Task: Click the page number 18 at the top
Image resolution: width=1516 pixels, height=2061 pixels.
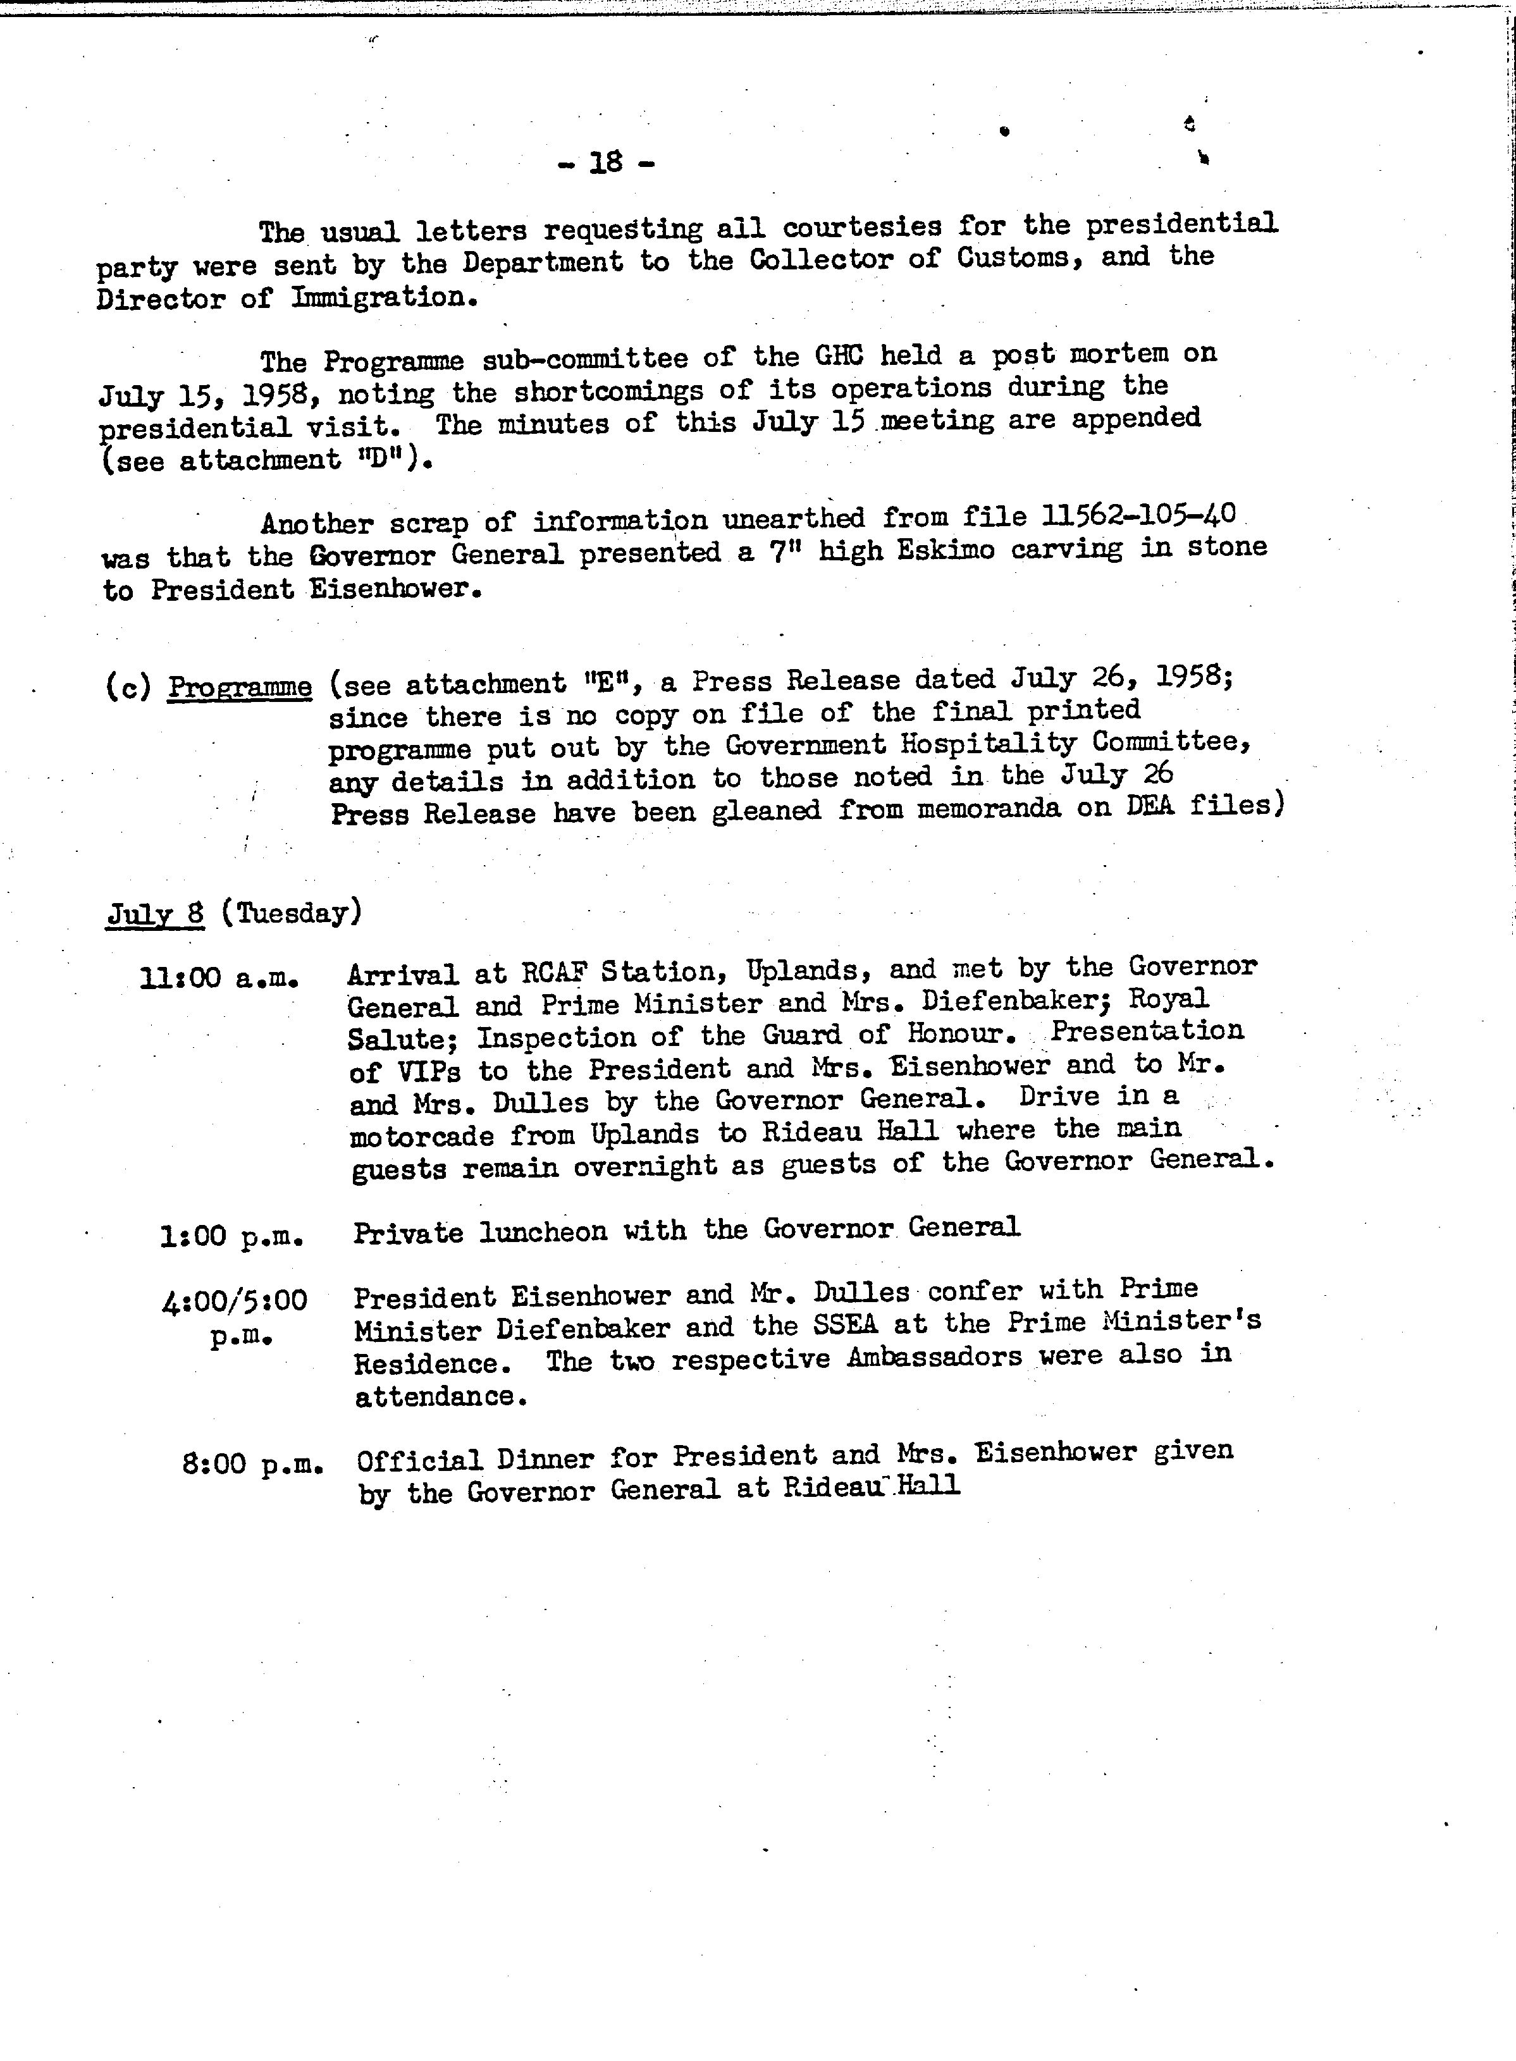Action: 606,163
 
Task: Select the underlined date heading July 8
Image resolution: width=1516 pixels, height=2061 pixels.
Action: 155,914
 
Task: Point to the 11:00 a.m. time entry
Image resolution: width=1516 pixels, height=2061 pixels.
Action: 219,978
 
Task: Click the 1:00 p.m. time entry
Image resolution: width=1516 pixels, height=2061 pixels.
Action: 231,1237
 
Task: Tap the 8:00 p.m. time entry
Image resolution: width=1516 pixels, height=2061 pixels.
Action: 252,1463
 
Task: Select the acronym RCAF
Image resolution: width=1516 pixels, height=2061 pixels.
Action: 554,972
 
